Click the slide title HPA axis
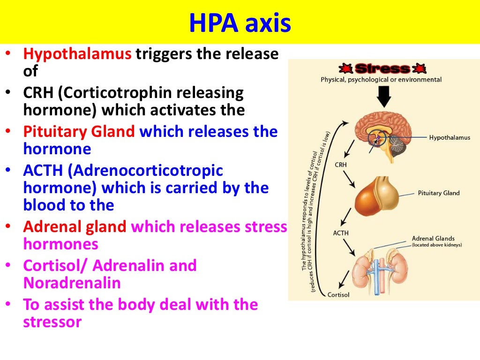click(x=240, y=22)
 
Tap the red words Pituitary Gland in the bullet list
click(x=80, y=132)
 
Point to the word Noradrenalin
click(x=72, y=283)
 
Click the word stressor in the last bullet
click(x=52, y=322)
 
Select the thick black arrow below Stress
click(x=384, y=97)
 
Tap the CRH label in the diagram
click(x=341, y=165)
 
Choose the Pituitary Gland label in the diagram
click(x=438, y=193)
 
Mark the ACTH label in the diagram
click(x=341, y=233)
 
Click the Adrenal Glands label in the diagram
click(x=433, y=239)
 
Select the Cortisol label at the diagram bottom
click(x=338, y=295)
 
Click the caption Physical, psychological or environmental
click(x=381, y=80)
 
